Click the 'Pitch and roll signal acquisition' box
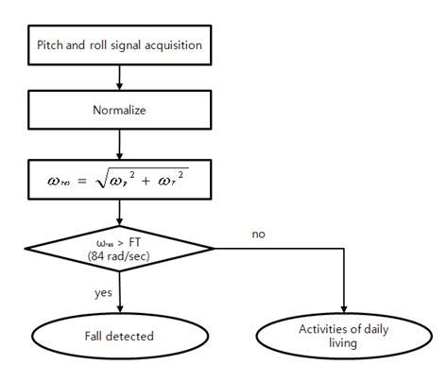click(118, 44)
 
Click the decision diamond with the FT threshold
click(118, 249)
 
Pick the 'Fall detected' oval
click(118, 335)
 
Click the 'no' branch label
click(258, 232)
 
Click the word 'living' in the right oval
click(344, 343)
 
